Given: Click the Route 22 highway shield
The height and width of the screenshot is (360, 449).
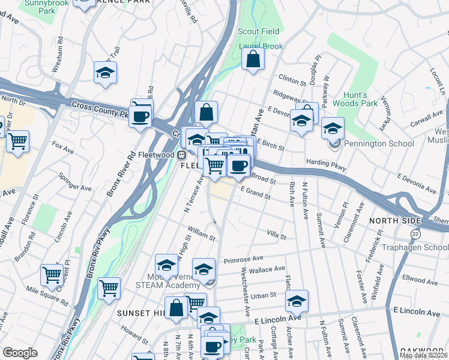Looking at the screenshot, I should pyautogui.click(x=415, y=233).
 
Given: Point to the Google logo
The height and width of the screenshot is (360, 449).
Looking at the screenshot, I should pyautogui.click(x=20, y=352).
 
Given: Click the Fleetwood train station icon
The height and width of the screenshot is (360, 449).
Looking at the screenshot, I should pyautogui.click(x=180, y=154).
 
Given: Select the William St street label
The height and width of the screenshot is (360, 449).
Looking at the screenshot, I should pyautogui.click(x=201, y=230).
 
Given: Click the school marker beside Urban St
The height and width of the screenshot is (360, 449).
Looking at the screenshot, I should pyautogui.click(x=297, y=301).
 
